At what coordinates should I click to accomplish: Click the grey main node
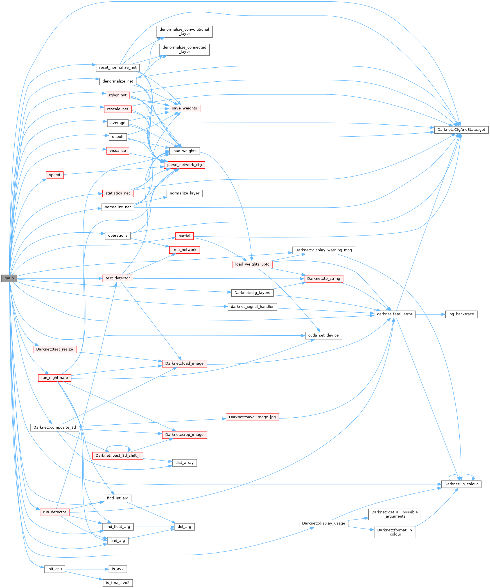[x=9, y=278]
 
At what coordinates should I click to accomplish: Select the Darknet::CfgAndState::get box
[x=461, y=130]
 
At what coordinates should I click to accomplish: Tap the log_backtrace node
[x=461, y=314]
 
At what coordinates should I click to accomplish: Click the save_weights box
[x=184, y=108]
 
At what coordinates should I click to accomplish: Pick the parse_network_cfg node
[x=184, y=165]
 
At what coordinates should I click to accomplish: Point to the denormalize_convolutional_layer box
[x=184, y=31]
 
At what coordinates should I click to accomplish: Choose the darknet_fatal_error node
[x=394, y=314]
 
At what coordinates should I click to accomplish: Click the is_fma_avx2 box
[x=118, y=583]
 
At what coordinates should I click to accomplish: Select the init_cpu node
[x=55, y=569]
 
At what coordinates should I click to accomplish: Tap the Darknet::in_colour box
[x=461, y=484]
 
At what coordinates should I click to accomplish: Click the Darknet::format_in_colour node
[x=394, y=532]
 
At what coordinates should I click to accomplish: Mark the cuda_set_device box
[x=323, y=335]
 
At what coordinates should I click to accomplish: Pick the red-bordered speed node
[x=55, y=175]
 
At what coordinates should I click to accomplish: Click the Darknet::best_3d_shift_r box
[x=118, y=455]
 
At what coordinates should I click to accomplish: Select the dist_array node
[x=184, y=463]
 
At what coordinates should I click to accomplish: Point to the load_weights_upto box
[x=252, y=264]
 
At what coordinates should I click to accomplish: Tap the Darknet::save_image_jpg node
[x=252, y=417]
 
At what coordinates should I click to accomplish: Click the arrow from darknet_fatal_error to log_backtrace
[x=430, y=314]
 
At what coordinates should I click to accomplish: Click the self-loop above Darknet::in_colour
[x=461, y=474]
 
